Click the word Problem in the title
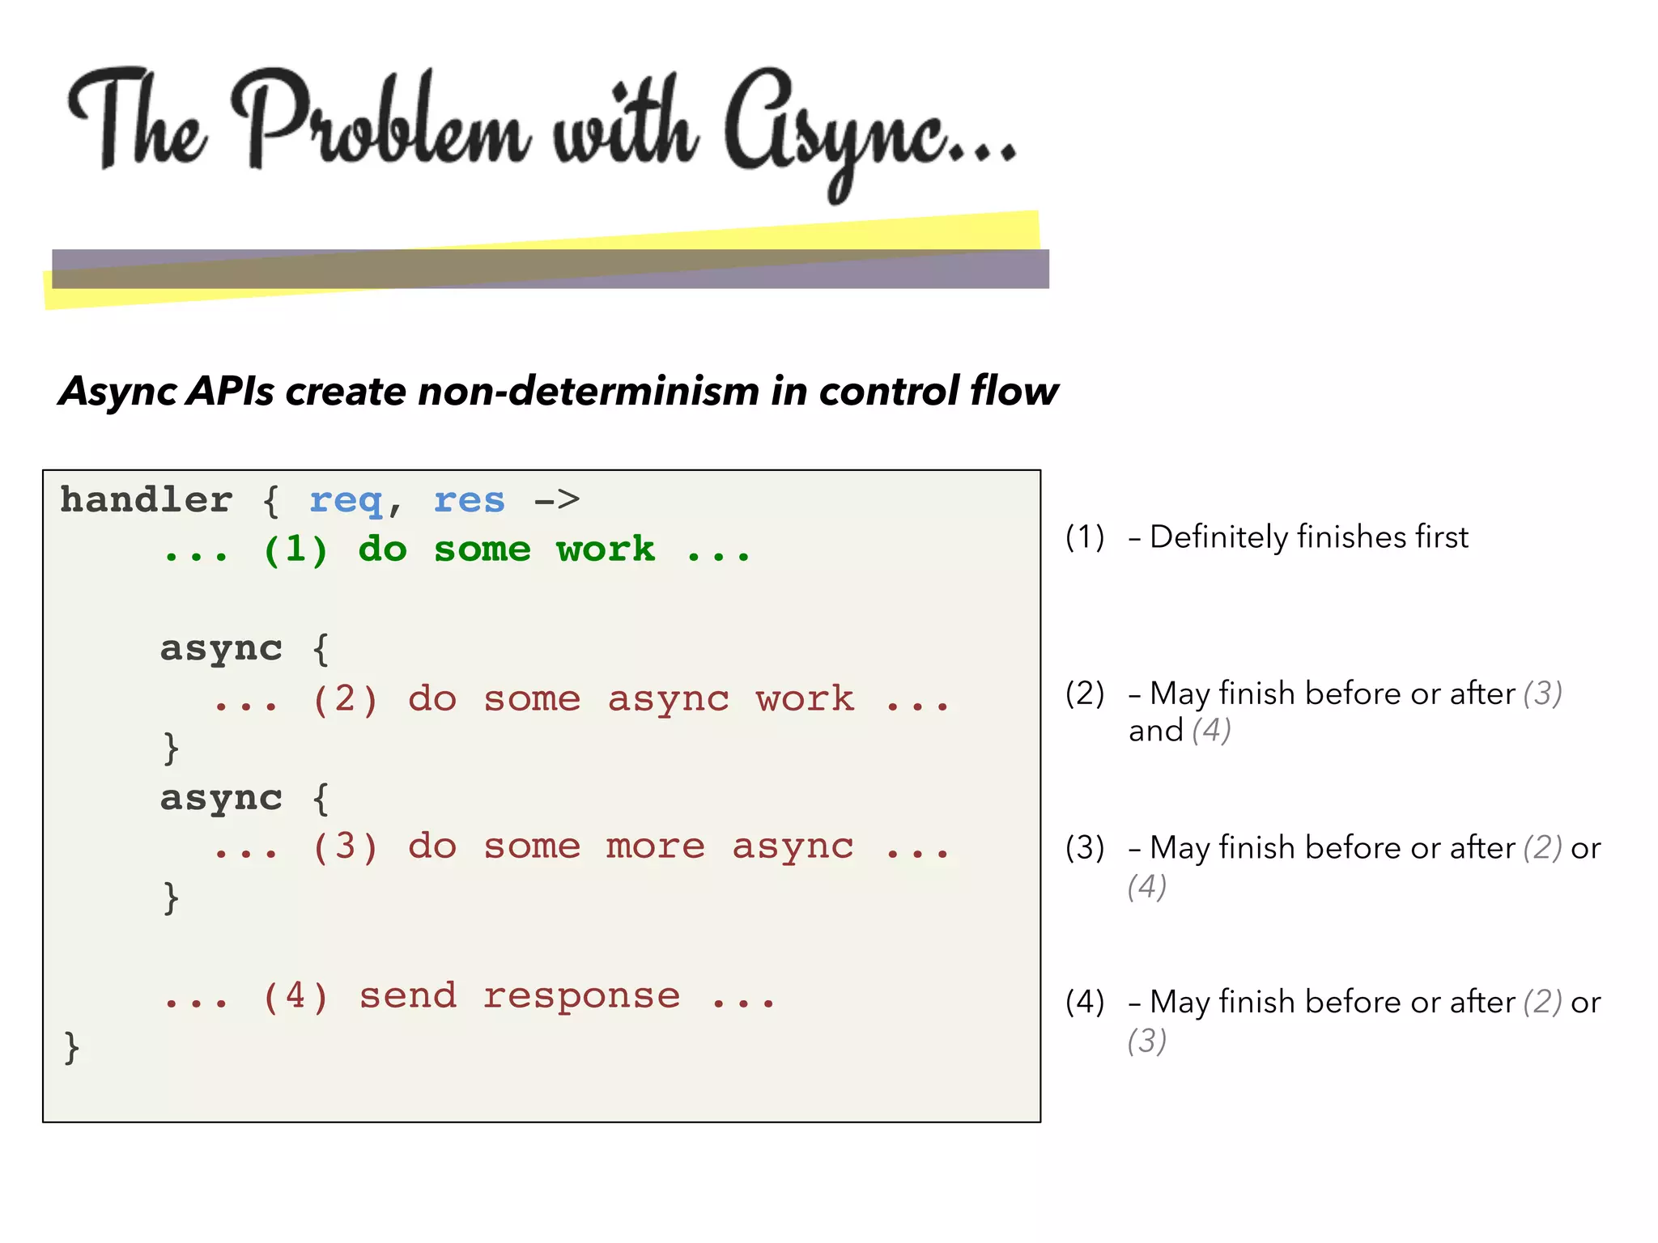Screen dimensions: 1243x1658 (380, 121)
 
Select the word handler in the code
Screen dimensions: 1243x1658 (147, 500)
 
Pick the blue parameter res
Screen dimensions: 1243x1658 (469, 501)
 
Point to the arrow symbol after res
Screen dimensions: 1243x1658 (557, 500)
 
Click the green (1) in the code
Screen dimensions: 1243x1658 (295, 550)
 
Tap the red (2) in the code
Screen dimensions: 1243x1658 (345, 699)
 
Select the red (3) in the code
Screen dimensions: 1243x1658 (345, 847)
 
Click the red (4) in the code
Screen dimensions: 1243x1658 (295, 996)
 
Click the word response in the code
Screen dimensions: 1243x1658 (581, 997)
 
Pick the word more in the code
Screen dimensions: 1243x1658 (655, 847)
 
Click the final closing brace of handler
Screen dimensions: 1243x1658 (71, 1047)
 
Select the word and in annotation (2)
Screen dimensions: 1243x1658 (1155, 731)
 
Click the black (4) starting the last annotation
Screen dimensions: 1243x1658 (1085, 1002)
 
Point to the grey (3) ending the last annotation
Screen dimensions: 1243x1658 (1146, 1041)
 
